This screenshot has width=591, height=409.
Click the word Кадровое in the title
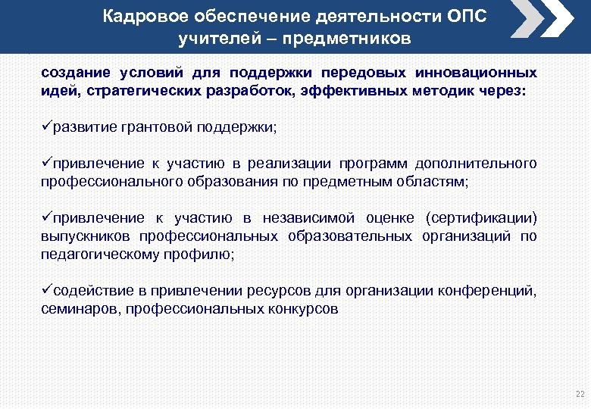(147, 17)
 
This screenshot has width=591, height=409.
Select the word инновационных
(478, 73)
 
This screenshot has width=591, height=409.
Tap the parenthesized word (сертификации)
(481, 219)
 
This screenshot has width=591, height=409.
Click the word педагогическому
(98, 255)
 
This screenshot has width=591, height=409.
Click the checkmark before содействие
(45, 290)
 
